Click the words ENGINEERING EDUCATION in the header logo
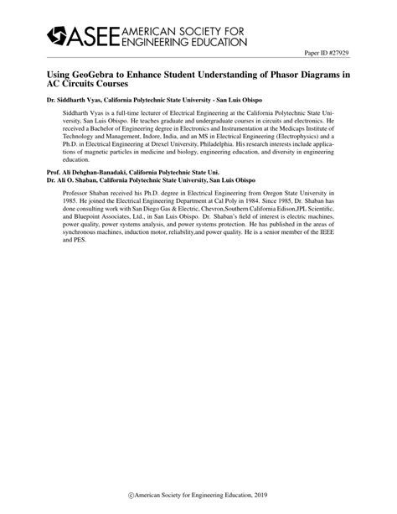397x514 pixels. pos(184,40)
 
